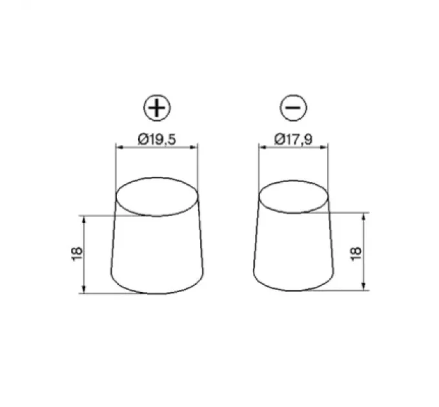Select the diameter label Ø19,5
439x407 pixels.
tap(156, 138)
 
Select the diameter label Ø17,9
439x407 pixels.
tap(293, 138)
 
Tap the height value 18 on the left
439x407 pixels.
tap(76, 253)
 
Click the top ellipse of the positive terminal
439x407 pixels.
tap(157, 196)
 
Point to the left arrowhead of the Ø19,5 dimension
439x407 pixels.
tap(118, 147)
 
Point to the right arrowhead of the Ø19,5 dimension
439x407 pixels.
tap(195, 147)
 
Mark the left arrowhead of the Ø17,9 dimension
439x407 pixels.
tap(261, 147)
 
